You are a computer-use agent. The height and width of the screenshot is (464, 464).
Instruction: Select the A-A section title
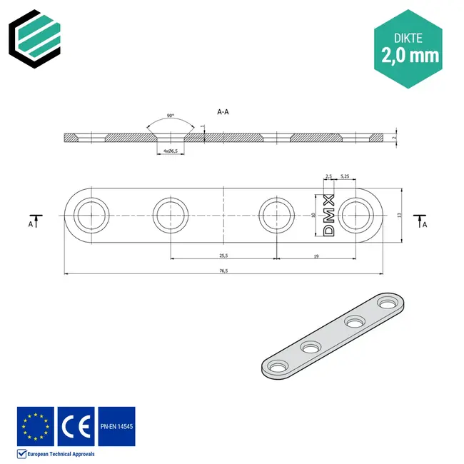pos(223,111)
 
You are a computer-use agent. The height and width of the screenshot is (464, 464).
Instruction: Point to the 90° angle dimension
pos(170,115)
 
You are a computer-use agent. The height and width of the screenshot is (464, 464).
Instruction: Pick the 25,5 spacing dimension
pos(223,255)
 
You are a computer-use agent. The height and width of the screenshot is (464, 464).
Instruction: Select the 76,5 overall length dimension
pos(223,269)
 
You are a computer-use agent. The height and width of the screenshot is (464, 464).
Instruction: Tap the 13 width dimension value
pos(400,214)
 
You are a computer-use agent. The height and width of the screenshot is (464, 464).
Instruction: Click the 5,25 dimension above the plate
pos(345,176)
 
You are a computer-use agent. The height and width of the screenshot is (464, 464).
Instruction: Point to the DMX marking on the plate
pos(329,215)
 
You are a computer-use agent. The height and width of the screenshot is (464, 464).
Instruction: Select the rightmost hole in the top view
pos(356,215)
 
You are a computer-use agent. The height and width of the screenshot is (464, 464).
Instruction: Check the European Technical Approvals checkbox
pos(21,454)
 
